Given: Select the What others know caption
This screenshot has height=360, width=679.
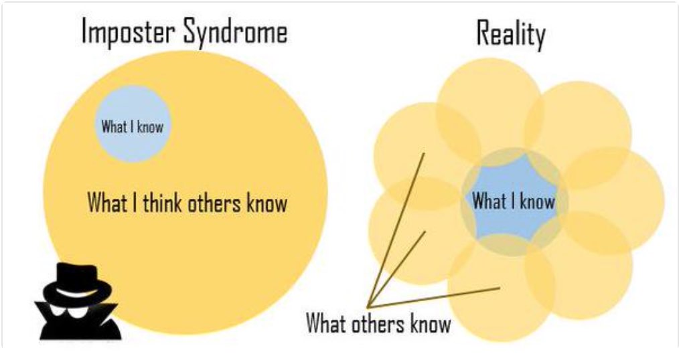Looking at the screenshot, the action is [x=378, y=325].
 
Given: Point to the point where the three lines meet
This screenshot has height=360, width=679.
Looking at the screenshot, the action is [x=368, y=306].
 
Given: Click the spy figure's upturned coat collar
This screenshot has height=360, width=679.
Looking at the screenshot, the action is [x=50, y=314].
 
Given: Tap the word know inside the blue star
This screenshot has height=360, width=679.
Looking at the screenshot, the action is [x=538, y=201].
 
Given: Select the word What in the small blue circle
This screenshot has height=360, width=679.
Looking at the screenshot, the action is [x=114, y=126].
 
